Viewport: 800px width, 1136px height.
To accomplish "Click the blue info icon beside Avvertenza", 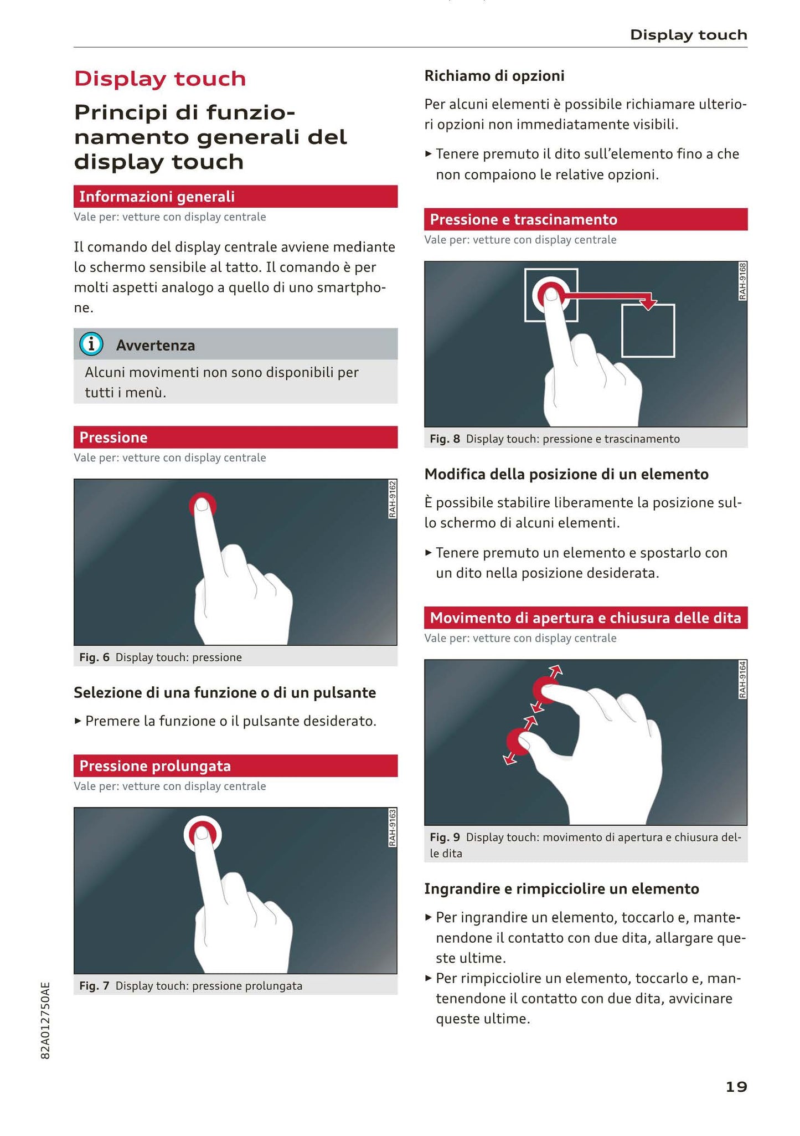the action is [91, 345].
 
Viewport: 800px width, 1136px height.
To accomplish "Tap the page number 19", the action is [736, 1087].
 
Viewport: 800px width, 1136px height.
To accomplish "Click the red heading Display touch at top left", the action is [160, 79].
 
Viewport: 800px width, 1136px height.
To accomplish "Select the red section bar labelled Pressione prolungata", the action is [235, 765].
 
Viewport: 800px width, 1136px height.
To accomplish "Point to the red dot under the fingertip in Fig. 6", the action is [202, 504].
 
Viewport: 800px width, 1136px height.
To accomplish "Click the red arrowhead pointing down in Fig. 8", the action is [648, 303].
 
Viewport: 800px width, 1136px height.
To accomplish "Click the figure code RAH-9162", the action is [392, 499].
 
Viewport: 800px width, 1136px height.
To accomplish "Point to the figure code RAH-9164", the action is [742, 680].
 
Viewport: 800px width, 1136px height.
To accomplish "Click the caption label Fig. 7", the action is [94, 986].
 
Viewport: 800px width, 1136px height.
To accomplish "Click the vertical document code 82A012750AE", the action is [45, 1021].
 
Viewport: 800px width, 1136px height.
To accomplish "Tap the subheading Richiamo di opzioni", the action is [494, 76].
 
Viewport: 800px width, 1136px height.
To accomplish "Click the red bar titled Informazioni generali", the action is [235, 196].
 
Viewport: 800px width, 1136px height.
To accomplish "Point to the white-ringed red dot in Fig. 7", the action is [202, 834].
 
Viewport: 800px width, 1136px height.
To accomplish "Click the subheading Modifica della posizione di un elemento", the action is [566, 474].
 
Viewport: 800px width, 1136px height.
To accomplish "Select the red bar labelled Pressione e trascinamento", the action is [586, 219].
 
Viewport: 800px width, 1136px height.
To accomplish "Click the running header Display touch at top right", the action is [689, 35].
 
